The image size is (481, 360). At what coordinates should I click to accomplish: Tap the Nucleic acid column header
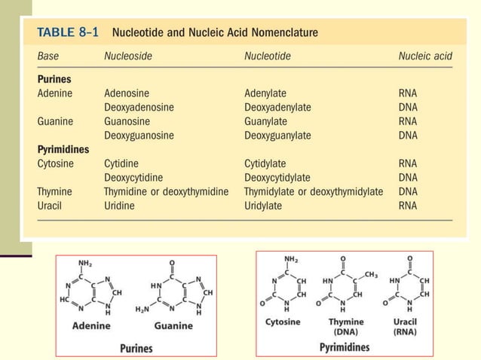pyautogui.click(x=425, y=56)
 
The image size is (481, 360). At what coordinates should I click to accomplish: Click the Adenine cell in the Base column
pyautogui.click(x=56, y=93)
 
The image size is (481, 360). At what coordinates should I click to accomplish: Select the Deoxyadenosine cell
pyautogui.click(x=139, y=107)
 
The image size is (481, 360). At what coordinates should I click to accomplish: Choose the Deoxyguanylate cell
pyautogui.click(x=277, y=135)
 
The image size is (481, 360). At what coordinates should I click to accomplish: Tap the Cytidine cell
pyautogui.click(x=121, y=163)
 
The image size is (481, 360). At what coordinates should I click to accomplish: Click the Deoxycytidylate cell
pyautogui.click(x=277, y=178)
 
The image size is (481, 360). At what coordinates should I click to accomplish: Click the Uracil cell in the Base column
pyautogui.click(x=51, y=206)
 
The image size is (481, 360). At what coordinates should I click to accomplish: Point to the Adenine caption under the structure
pyautogui.click(x=91, y=326)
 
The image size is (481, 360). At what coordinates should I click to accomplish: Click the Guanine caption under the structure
pyautogui.click(x=173, y=326)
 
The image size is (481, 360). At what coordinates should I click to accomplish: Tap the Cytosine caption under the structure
pyautogui.click(x=283, y=322)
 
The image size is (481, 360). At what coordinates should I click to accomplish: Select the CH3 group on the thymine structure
pyautogui.click(x=369, y=274)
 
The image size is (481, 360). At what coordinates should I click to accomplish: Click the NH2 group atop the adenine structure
pyautogui.click(x=87, y=263)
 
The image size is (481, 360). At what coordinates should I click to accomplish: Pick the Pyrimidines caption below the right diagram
pyautogui.click(x=345, y=347)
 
